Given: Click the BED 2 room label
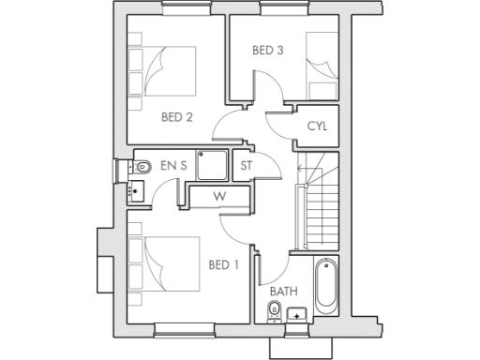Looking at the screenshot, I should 176,117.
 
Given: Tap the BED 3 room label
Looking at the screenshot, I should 267,51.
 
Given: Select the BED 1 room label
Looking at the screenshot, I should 223,264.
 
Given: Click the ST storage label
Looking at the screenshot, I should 247,166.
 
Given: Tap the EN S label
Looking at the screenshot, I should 173,166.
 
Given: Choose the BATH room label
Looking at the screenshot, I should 284,292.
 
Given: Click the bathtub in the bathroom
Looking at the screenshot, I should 325,285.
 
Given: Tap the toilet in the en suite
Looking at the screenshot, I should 142,167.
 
